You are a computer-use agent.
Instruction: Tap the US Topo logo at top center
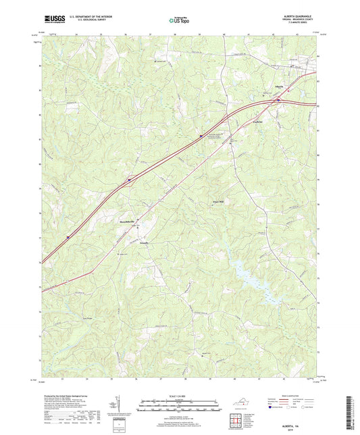pos(179,21)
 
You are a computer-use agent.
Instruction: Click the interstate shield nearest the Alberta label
pos(278,100)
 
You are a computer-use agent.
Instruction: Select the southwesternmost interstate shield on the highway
pos(68,236)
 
